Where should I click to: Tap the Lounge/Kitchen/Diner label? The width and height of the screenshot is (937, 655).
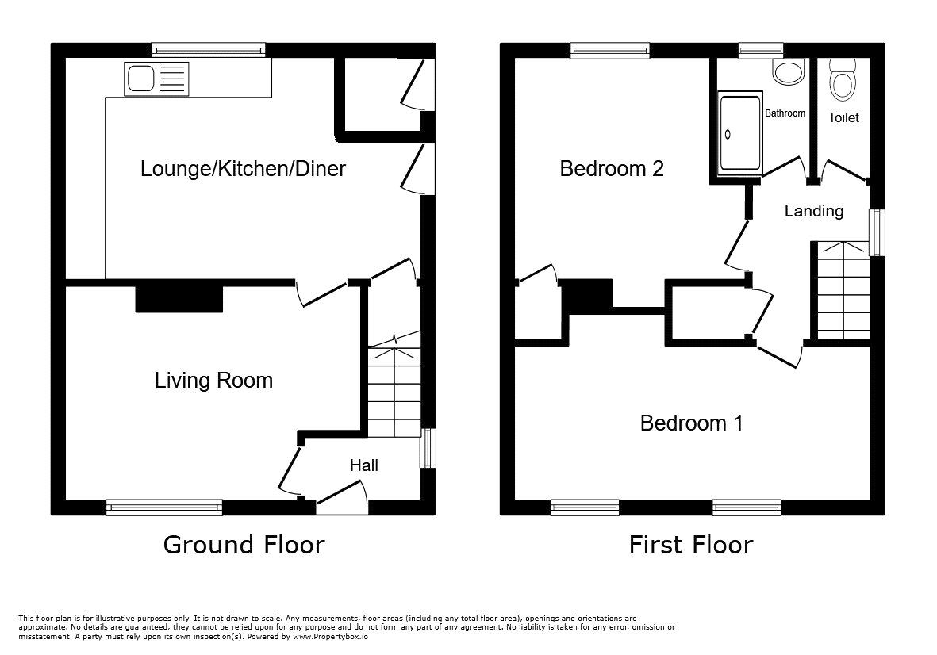[243, 168]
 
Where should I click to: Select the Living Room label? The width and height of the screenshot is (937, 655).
[213, 381]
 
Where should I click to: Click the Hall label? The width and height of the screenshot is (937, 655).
[364, 465]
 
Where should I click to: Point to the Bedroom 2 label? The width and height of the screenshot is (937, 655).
[611, 168]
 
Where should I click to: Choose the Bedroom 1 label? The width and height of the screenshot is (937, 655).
[691, 423]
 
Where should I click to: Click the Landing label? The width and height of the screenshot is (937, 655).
[813, 211]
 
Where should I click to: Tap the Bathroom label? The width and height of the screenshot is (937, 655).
[785, 113]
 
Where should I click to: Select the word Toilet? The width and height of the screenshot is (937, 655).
[843, 117]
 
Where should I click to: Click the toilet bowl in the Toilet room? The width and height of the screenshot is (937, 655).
[842, 80]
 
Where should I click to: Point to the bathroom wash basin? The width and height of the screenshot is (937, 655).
[788, 74]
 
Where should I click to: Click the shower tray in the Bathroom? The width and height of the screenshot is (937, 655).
[739, 132]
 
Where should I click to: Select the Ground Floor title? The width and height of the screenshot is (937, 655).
[244, 545]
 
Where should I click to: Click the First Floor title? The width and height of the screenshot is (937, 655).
[690, 545]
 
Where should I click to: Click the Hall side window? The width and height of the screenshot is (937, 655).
[428, 448]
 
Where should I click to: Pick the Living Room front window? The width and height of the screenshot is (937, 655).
[164, 508]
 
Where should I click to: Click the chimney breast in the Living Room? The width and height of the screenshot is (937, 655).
[179, 298]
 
